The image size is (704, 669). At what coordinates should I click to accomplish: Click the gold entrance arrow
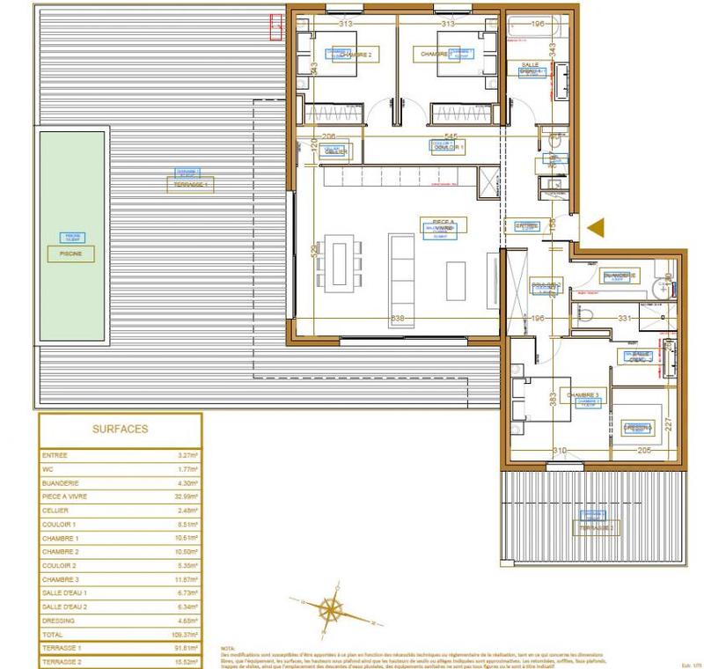(597, 227)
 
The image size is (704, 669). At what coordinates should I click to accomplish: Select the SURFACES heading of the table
(121, 430)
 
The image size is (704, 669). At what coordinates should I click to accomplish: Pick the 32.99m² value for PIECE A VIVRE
(187, 496)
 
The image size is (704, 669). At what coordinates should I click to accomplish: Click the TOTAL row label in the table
(54, 633)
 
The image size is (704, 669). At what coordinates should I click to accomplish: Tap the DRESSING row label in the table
(59, 620)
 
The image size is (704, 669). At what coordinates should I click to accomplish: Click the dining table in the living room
(340, 262)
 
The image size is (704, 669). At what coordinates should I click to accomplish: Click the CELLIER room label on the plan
(336, 151)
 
